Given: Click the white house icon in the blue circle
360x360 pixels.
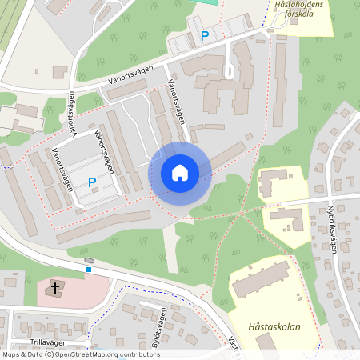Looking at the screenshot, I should point(179,173).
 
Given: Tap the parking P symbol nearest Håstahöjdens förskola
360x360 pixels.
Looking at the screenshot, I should point(205,35).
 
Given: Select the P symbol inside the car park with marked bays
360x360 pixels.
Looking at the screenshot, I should point(92,182).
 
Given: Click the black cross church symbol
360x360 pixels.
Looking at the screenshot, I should point(56,287).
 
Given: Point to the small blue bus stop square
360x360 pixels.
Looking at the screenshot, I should point(89,269).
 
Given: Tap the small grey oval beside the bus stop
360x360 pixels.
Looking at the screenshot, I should point(88,261).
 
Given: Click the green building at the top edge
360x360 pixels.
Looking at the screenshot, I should point(206,2).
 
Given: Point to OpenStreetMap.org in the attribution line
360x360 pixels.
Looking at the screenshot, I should point(86,354).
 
